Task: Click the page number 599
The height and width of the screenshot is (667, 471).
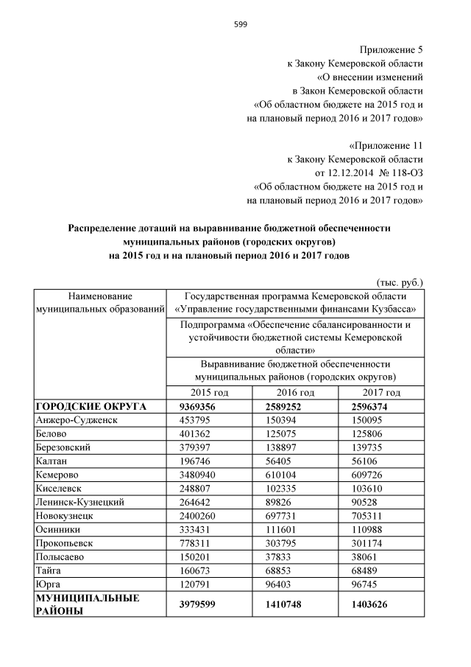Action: [241, 24]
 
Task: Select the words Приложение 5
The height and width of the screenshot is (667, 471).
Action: [391, 50]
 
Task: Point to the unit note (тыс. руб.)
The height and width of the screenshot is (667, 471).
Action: [399, 281]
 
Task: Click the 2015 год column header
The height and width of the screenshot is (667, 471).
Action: [209, 392]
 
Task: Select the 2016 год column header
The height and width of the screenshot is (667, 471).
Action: [294, 392]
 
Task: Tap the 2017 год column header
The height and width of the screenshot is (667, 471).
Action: [381, 392]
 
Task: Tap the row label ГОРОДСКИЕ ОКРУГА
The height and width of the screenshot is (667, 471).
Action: [91, 405]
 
